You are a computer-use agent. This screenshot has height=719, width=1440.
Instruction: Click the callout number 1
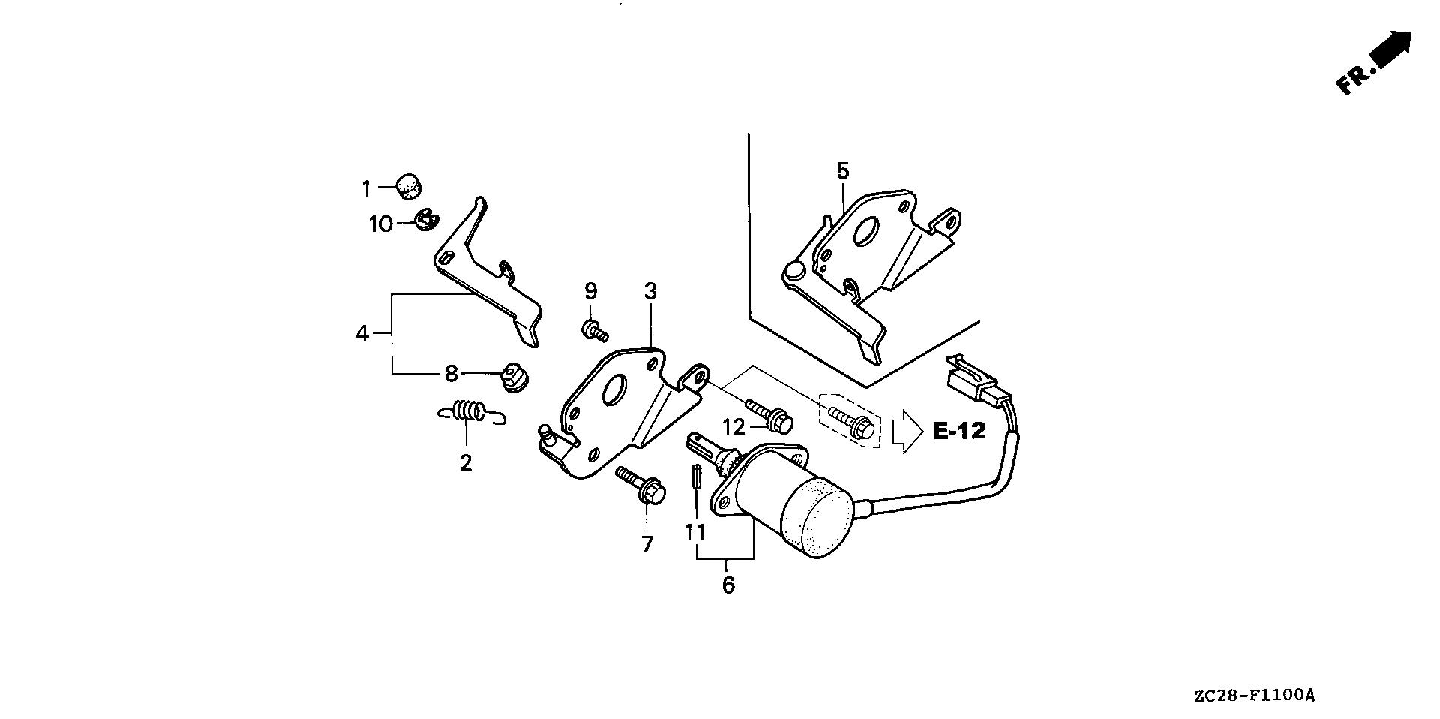[x=366, y=188]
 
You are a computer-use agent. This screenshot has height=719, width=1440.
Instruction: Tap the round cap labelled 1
[x=409, y=185]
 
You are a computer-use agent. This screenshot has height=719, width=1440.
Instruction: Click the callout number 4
[x=362, y=333]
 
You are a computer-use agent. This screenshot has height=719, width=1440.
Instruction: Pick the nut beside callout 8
[x=513, y=377]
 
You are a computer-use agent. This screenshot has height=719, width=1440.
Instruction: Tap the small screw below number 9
[x=595, y=329]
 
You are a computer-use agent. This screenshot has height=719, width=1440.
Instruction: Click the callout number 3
[x=649, y=291]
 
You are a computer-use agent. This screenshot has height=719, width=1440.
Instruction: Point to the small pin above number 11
[x=696, y=477]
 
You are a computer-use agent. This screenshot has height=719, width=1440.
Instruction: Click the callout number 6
[x=728, y=585]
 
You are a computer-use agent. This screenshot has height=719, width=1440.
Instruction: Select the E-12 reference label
[x=959, y=431]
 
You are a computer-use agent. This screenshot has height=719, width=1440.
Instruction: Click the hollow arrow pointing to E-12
[x=907, y=431]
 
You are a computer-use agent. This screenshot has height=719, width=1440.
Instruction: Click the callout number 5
[x=842, y=171]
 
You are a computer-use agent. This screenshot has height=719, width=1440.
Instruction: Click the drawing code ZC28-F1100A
[x=1255, y=696]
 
